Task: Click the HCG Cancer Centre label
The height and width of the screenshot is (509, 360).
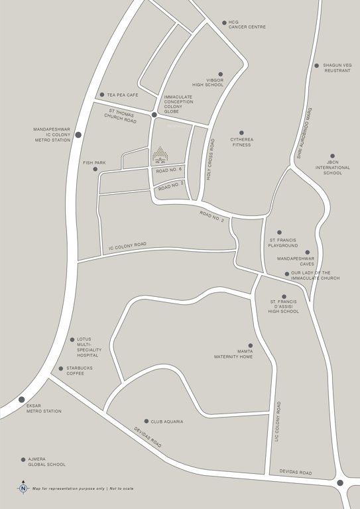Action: (247, 25)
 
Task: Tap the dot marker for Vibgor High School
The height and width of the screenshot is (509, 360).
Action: (221, 74)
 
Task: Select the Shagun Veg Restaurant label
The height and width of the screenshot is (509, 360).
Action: (337, 68)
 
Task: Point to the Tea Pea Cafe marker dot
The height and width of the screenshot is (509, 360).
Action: (101, 95)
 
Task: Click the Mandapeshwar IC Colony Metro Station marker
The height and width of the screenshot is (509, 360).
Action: (78, 135)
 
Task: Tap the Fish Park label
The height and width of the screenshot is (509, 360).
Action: (94, 162)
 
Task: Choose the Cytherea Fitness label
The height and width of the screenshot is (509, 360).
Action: (241, 142)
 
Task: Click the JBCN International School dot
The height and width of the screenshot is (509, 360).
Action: (333, 156)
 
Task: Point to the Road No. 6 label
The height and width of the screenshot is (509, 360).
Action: (168, 171)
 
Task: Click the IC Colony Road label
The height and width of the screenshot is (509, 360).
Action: (127, 247)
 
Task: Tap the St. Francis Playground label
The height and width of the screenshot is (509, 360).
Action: (283, 243)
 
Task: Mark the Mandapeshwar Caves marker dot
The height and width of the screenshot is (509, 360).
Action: (307, 253)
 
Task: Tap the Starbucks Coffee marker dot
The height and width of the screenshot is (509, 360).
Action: (60, 368)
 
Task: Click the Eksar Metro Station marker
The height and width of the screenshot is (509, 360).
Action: (22, 400)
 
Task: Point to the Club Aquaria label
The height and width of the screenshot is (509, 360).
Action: (166, 422)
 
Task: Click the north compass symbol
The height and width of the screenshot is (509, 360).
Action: (23, 488)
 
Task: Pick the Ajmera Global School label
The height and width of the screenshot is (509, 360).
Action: (46, 462)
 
